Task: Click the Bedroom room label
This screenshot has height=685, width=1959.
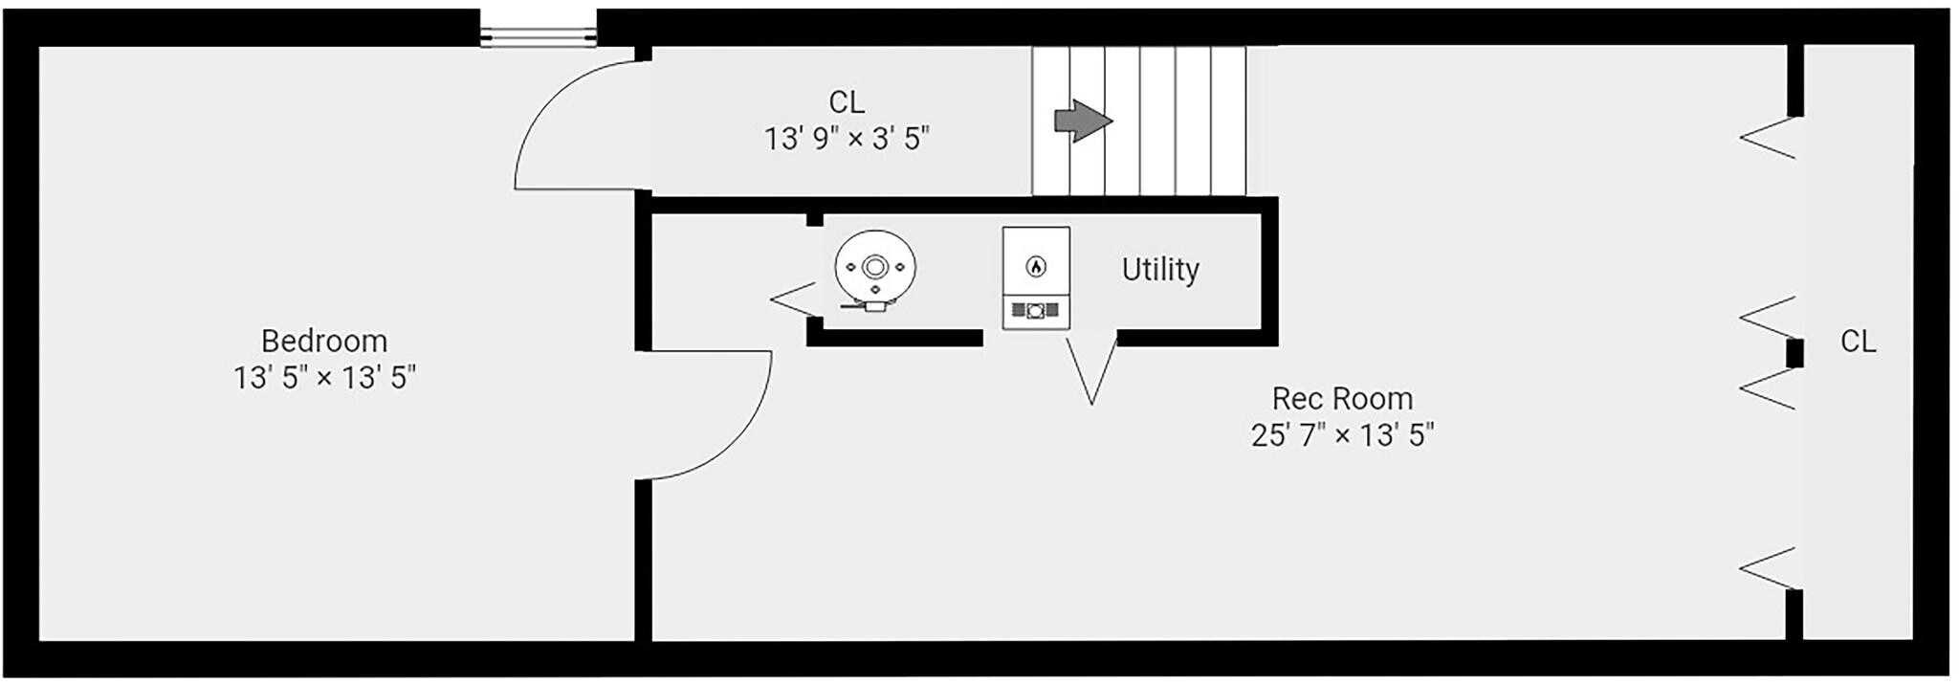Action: point(324,341)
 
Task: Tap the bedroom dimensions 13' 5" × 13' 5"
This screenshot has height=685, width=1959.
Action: point(324,377)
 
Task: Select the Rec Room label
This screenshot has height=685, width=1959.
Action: point(1342,398)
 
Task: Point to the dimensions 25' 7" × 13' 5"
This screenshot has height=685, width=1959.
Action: point(1342,435)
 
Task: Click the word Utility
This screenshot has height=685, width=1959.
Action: point(1160,269)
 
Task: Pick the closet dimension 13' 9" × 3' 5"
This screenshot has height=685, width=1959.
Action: point(847,139)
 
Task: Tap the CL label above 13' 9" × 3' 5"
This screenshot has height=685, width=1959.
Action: point(847,101)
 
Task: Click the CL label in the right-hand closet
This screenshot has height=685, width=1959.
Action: point(1859,342)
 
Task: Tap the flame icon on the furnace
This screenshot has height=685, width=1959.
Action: point(1035,266)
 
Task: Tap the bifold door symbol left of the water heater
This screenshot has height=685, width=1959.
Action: point(793,300)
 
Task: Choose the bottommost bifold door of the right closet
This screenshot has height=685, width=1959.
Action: point(1768,569)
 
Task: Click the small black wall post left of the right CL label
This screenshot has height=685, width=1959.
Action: point(1794,353)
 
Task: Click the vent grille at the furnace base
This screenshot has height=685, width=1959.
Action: point(1035,310)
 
